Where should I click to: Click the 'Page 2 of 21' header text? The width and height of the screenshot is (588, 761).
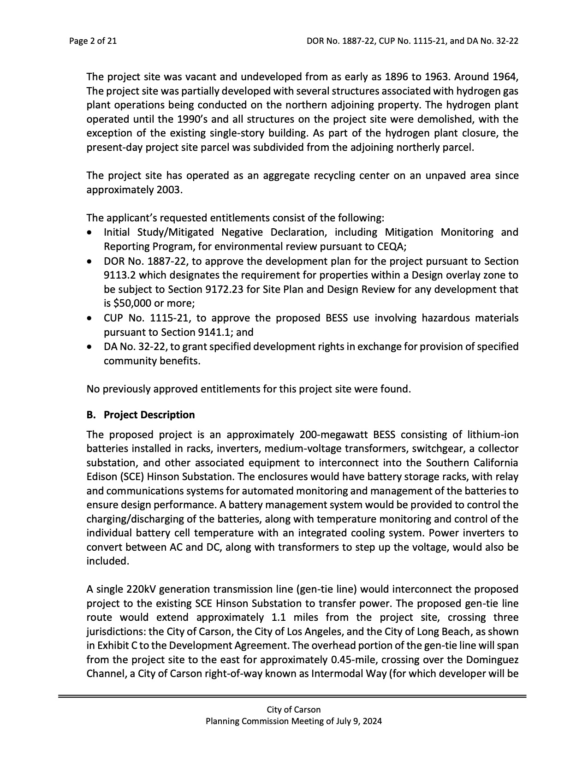coord(93,41)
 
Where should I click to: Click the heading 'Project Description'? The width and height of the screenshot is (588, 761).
coord(149,415)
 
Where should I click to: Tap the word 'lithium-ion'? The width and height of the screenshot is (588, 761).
coord(493,434)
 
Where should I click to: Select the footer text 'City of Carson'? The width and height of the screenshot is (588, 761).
coord(293,710)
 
